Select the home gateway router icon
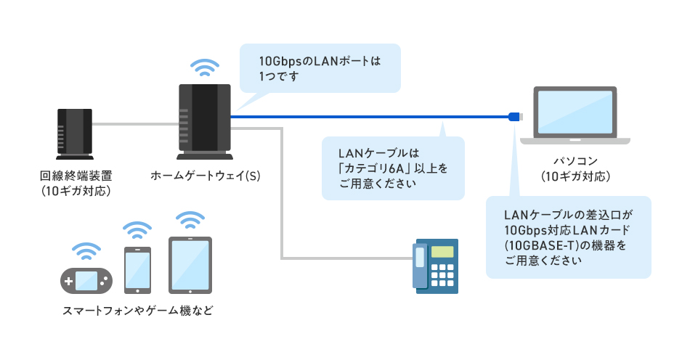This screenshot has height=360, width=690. tap(204, 121)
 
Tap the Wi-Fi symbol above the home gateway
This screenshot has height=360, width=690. tap(204, 67)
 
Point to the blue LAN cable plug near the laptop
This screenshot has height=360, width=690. tap(514, 115)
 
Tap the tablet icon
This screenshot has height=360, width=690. tap(190, 264)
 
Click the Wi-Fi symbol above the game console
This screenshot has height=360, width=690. tap(86, 250)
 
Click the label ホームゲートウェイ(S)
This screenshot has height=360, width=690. tap(206, 176)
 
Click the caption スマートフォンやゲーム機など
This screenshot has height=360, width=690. tap(138, 311)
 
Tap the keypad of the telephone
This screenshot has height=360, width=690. tap(442, 274)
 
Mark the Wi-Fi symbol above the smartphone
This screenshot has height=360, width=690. tap(137, 231)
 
